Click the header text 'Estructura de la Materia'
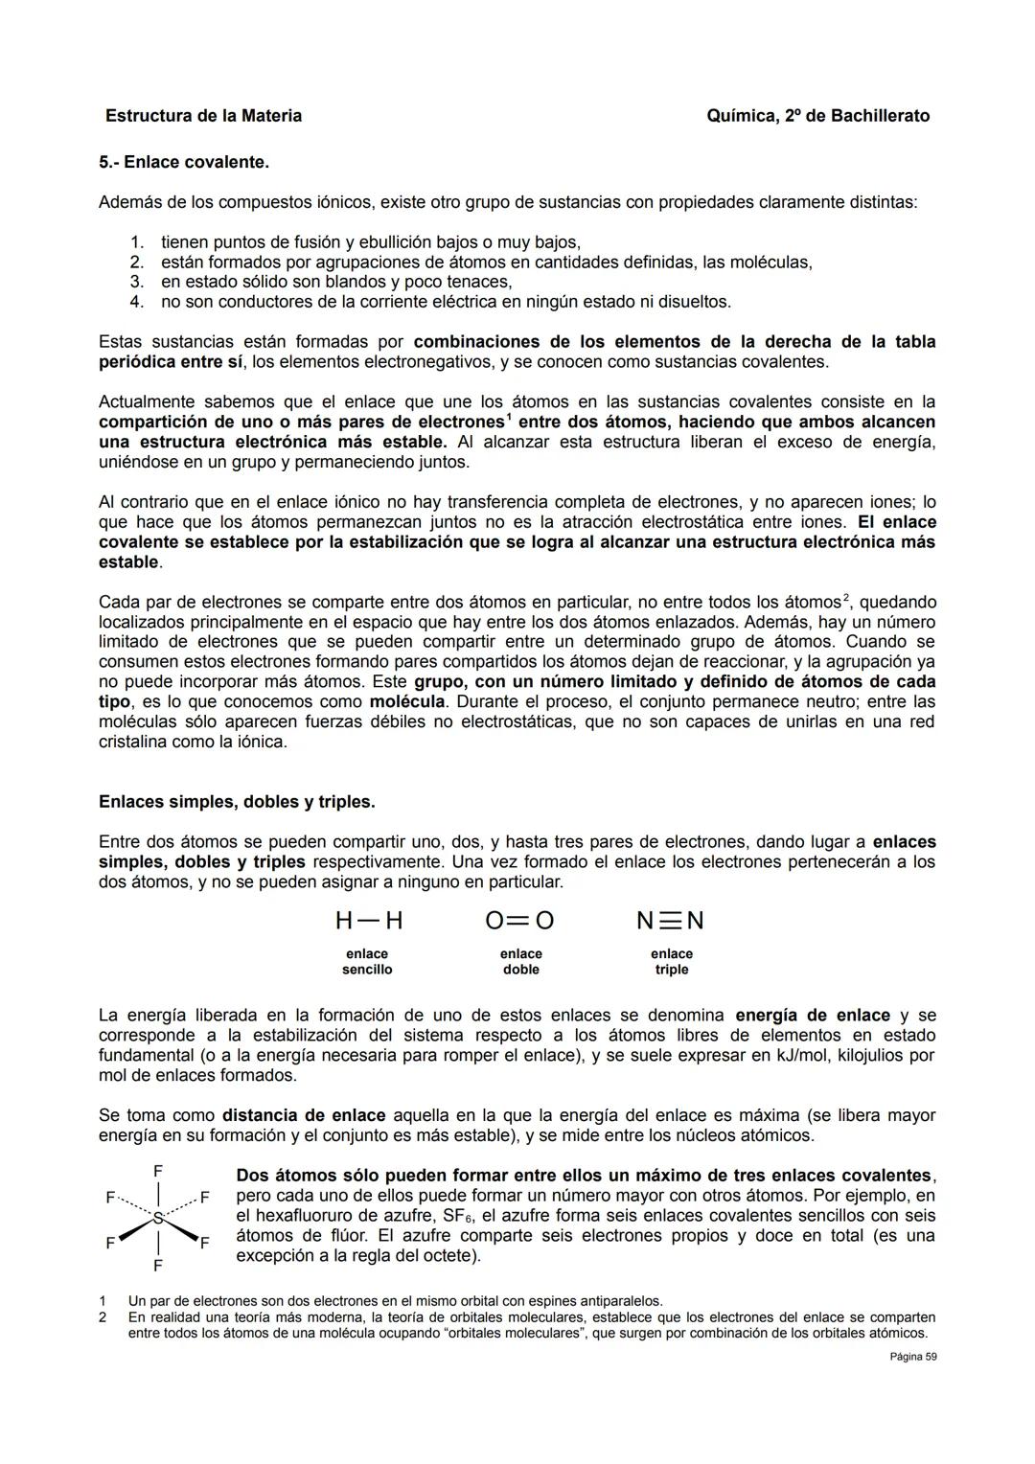pos(203,116)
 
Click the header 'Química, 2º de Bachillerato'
pos(817,116)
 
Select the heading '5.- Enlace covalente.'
pos(184,162)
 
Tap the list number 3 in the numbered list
pos(136,282)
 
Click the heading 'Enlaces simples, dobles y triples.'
pos(237,801)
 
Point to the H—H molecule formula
pos(369,921)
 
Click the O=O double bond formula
pos(519,921)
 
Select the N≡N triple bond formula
pos(670,921)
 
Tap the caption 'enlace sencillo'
pos(367,962)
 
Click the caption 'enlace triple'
pos(671,962)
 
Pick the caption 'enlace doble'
pos(520,962)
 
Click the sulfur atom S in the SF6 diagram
pos(157,1218)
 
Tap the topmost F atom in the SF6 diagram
pos(157,1171)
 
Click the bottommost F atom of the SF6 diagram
pos(157,1266)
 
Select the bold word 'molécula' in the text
pos(407,701)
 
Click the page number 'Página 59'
pos(912,1357)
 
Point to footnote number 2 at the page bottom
pos(103,1317)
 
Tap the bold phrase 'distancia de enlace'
pos(304,1115)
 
